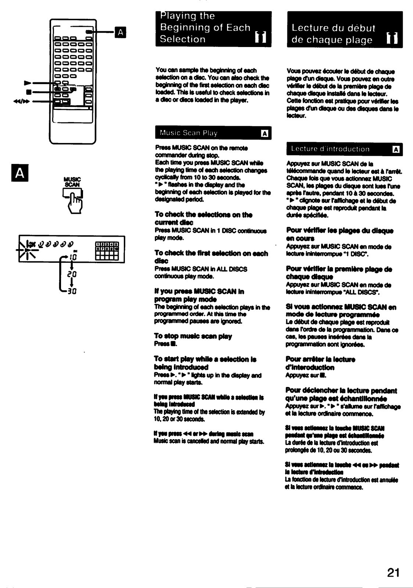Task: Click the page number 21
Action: (x=393, y=572)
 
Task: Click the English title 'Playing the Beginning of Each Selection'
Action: (x=205, y=28)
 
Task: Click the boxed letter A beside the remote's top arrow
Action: (x=120, y=32)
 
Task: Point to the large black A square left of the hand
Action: (x=21, y=174)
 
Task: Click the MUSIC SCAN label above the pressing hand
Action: (x=72, y=182)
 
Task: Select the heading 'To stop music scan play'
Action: (x=193, y=336)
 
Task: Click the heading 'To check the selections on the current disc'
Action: (x=203, y=218)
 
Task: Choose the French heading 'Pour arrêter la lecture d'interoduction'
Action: (x=320, y=363)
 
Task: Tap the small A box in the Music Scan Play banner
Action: (x=264, y=133)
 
